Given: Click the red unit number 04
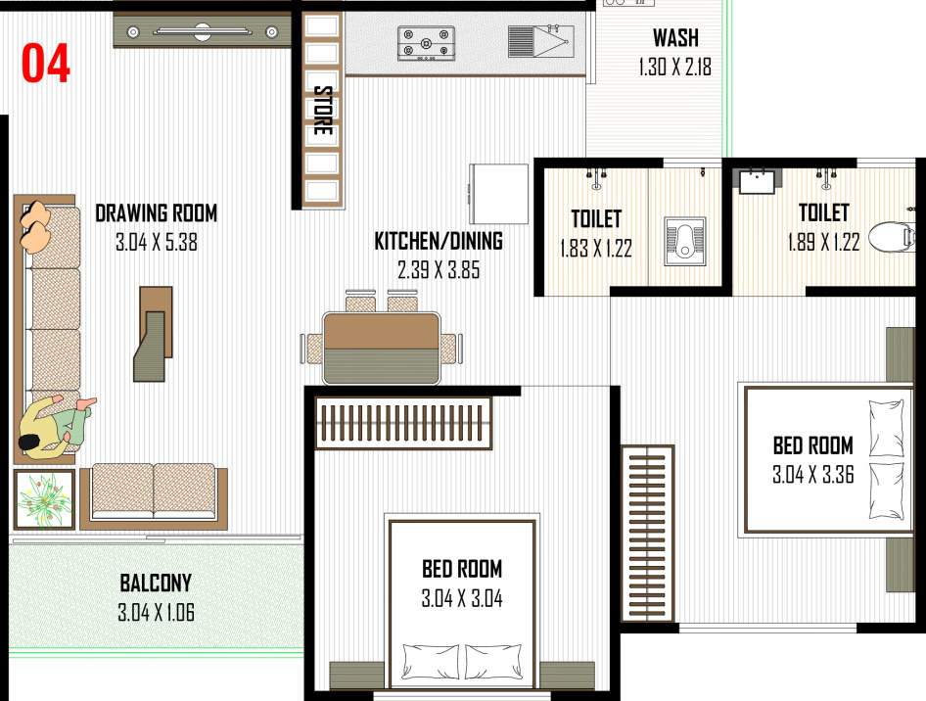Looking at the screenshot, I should point(46,64).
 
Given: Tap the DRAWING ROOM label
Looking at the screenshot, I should point(157,212).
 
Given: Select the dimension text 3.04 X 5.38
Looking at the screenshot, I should point(157,242).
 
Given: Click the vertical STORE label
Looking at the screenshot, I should point(322,111).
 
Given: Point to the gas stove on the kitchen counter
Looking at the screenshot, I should point(426,44).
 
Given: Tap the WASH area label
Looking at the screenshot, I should point(675,39).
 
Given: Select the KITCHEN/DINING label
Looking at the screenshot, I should point(439,241).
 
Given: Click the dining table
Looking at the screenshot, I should point(382,348).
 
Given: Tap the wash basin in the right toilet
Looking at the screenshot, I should point(757,182).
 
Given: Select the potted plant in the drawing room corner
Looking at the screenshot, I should point(44,498).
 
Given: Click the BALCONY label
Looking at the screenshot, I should point(156,584).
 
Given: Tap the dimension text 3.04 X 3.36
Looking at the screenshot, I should point(812,476).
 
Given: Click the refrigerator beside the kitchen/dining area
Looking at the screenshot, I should point(500,194).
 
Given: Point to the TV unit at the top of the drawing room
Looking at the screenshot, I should point(203,31).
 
